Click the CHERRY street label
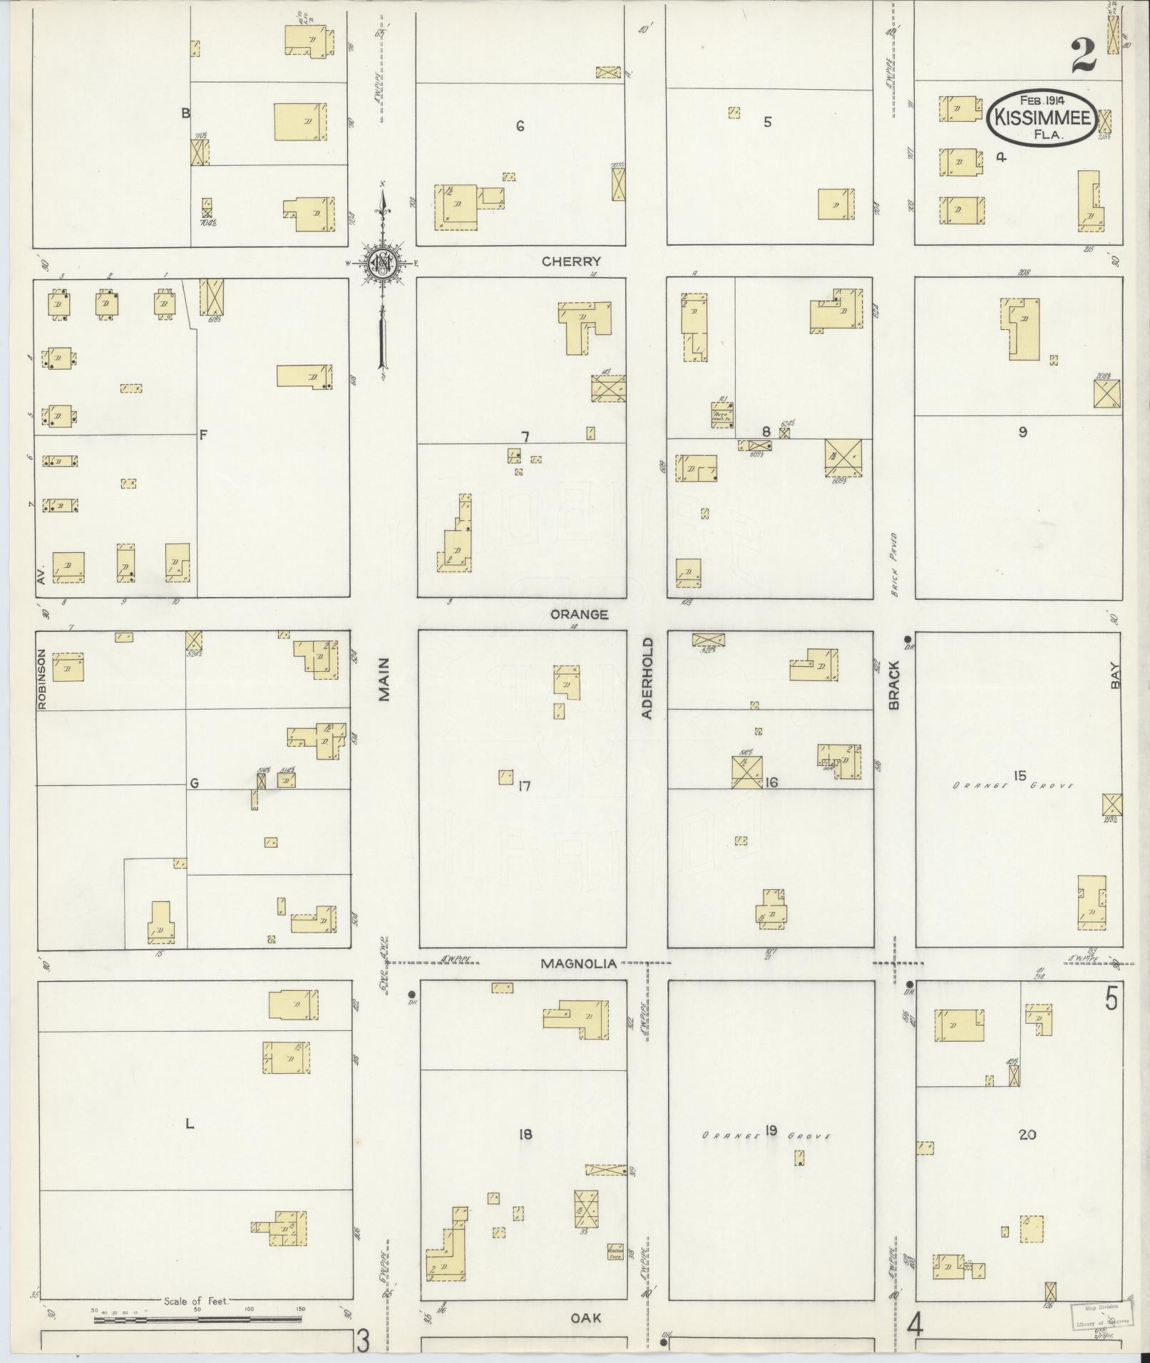coord(571,261)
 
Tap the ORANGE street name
coord(579,614)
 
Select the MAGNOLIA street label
coord(578,964)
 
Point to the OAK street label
coord(586,1318)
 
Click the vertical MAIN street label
coord(385,680)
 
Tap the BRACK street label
coord(895,685)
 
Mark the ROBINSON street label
coord(41,679)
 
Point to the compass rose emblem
coord(383,262)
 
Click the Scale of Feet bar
coord(197,1320)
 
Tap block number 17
coord(525,787)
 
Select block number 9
coord(1022,432)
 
